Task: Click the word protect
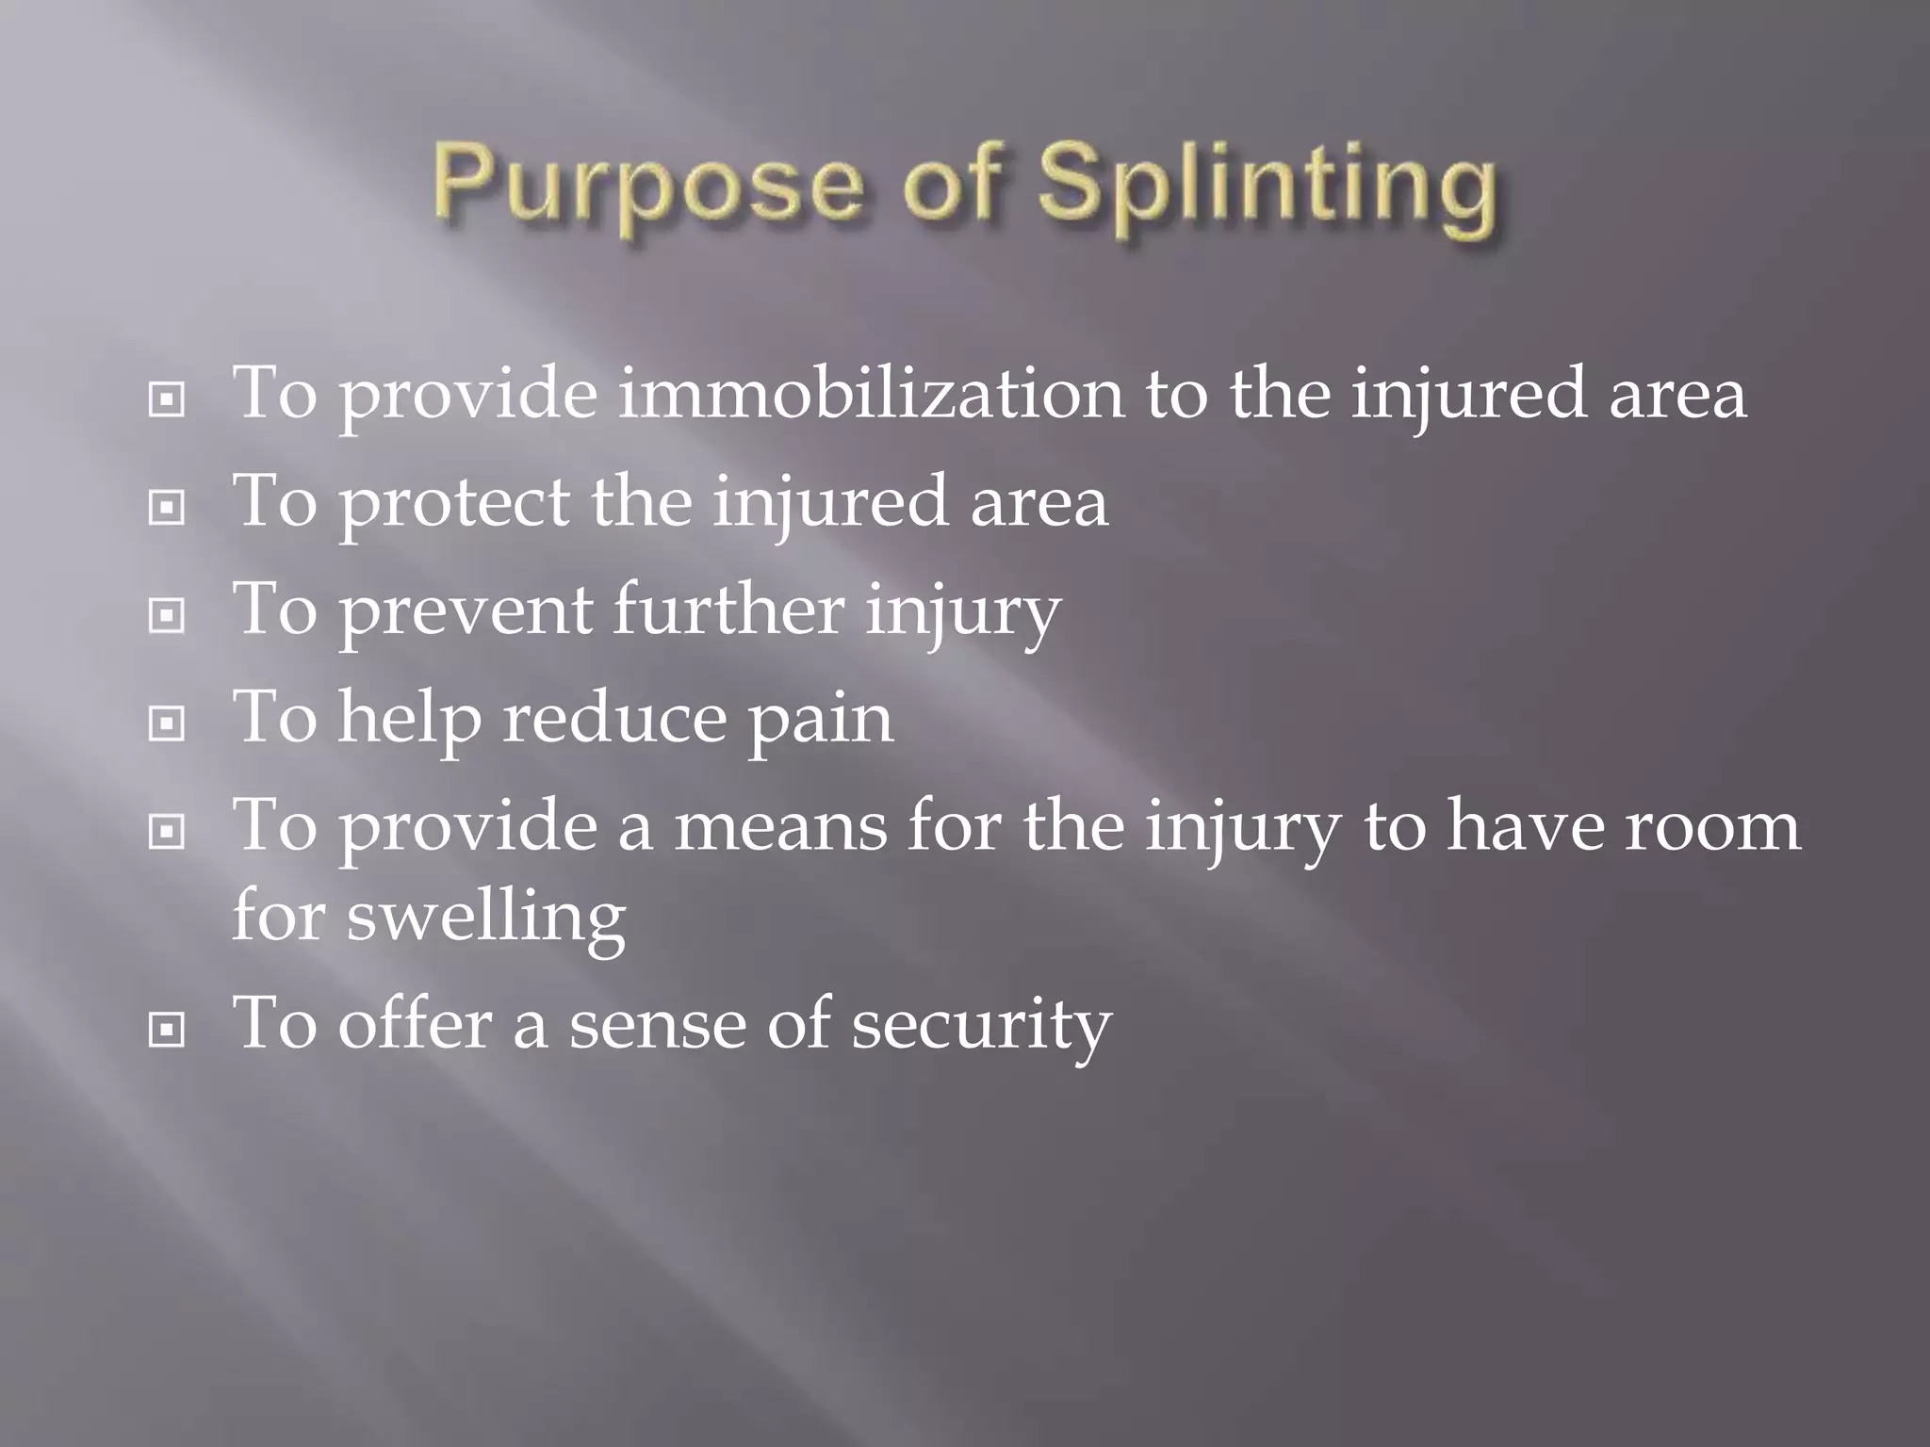point(454,502)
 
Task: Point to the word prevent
point(465,610)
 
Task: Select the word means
point(781,827)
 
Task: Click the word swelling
point(485,917)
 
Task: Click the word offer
point(415,1023)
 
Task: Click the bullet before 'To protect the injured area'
point(167,509)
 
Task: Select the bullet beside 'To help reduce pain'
point(167,724)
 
